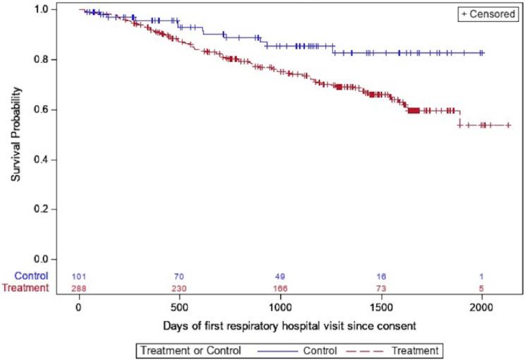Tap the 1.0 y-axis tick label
coord(42,9)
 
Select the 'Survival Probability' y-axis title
coord(16,134)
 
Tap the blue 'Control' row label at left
coord(32,276)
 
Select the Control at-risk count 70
coord(180,276)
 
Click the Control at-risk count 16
coord(381,276)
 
